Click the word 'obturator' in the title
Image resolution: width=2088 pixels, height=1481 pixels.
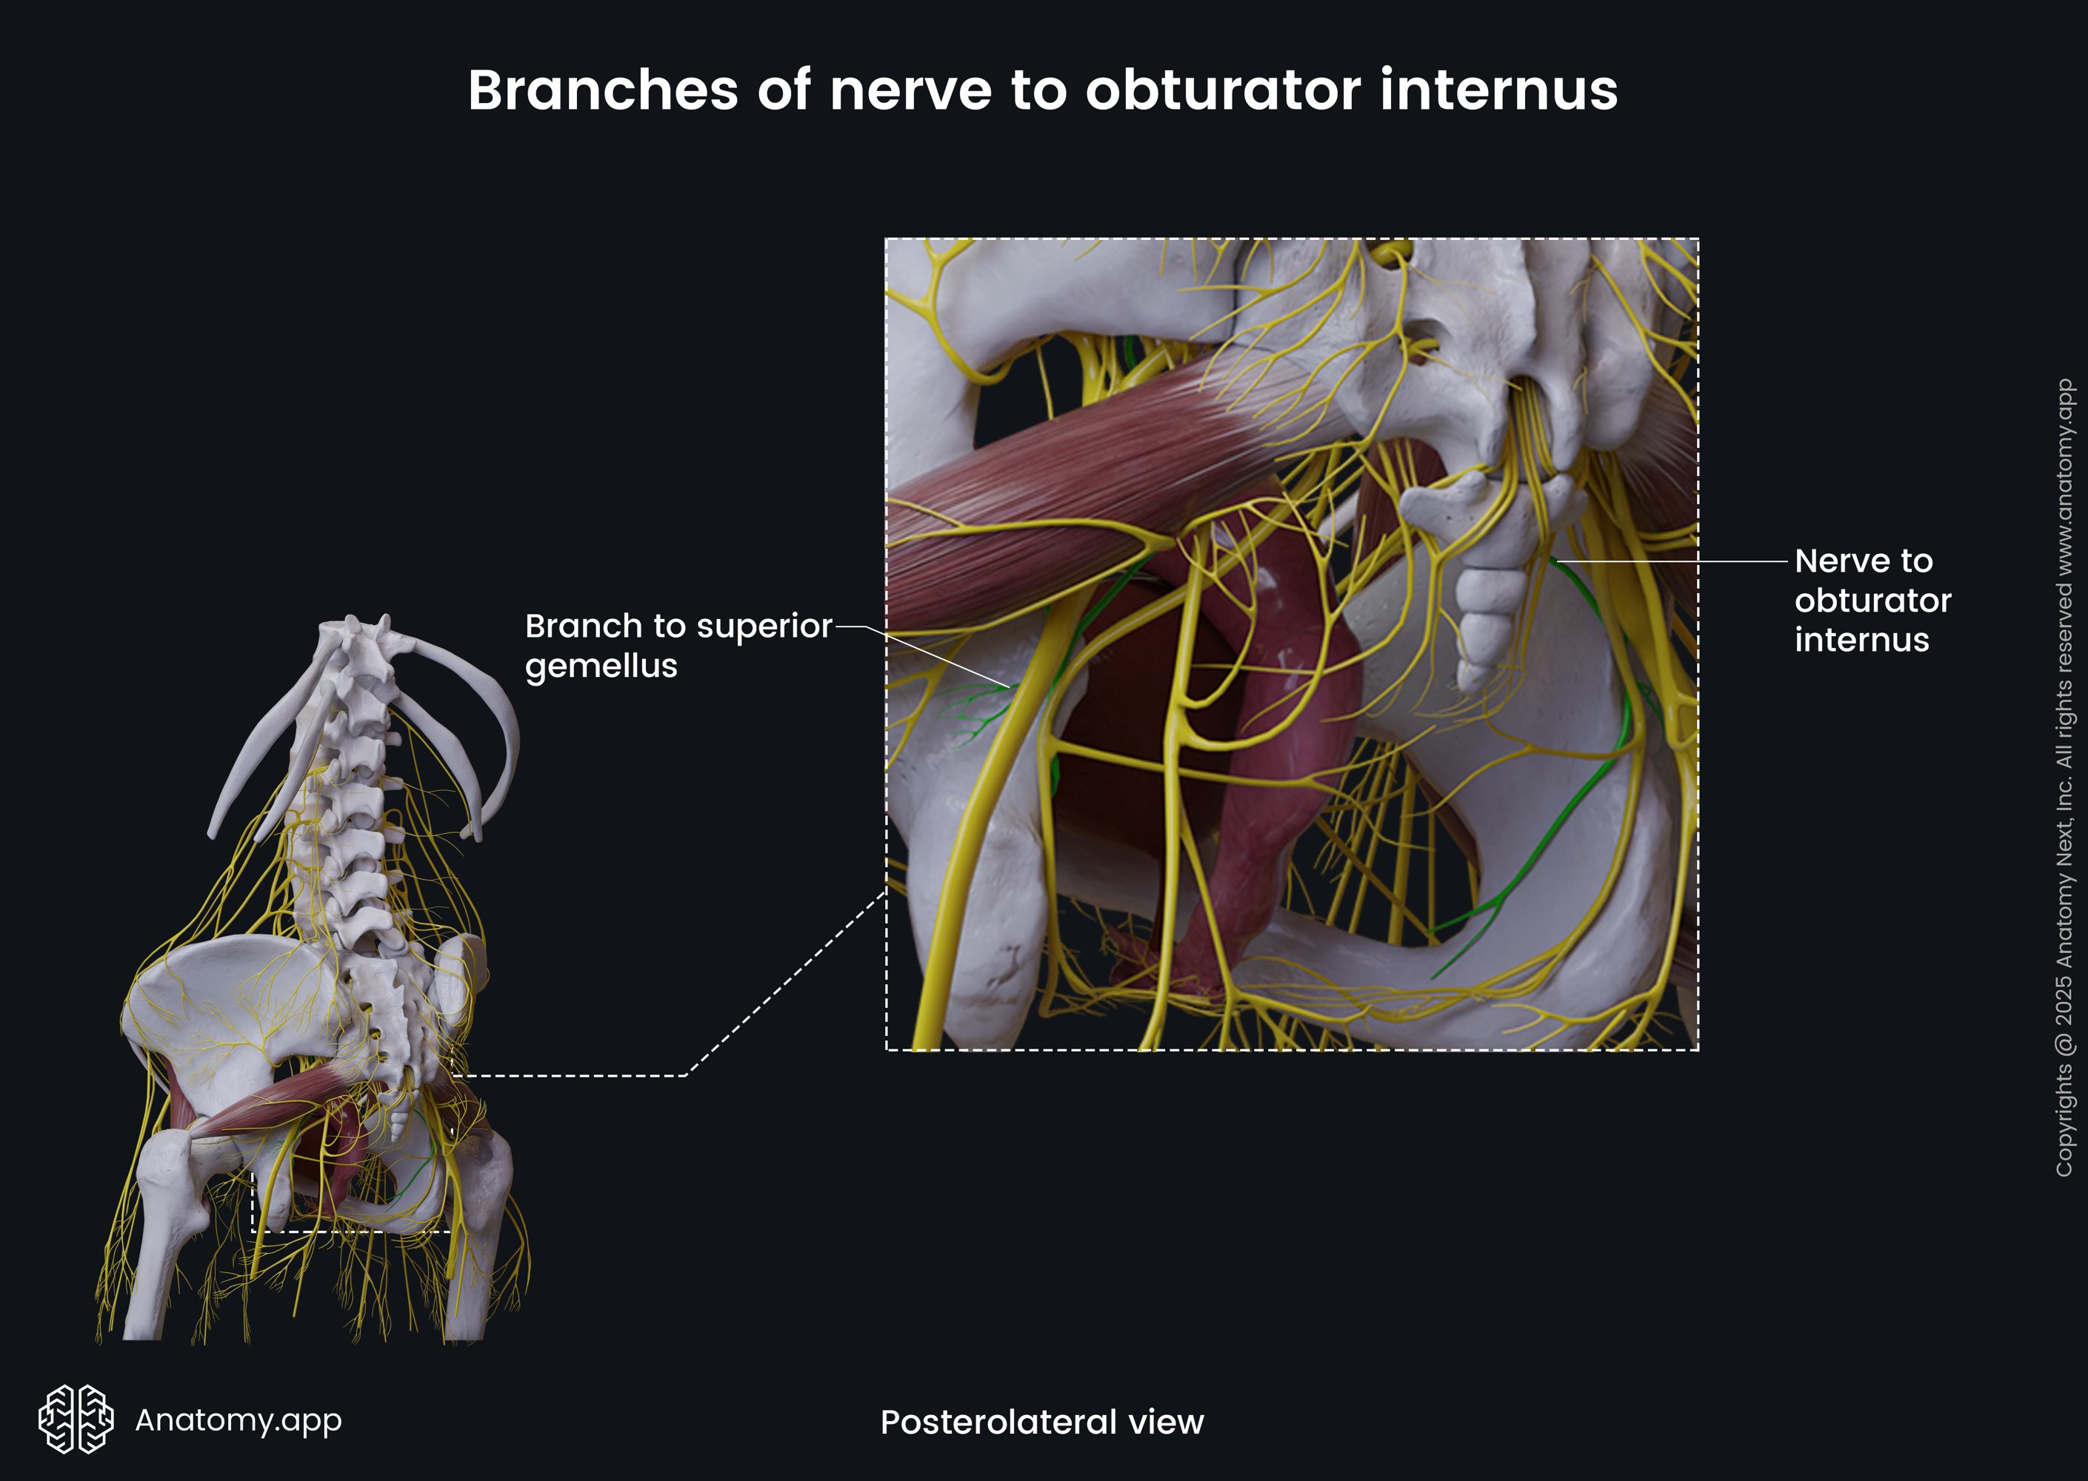(x=1222, y=90)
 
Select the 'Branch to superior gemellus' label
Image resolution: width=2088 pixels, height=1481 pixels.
(x=678, y=645)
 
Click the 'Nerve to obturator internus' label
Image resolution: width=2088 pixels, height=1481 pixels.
(x=1872, y=600)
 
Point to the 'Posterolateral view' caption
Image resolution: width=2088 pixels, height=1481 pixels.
(x=1041, y=1422)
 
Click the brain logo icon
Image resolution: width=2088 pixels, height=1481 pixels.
(x=76, y=1419)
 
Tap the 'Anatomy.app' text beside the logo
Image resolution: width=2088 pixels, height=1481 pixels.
(x=238, y=1420)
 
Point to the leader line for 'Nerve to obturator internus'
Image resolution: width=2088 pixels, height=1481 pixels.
(x=1670, y=561)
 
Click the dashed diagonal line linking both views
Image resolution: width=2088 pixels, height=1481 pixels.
(x=784, y=985)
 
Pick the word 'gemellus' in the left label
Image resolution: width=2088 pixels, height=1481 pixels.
(x=601, y=666)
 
